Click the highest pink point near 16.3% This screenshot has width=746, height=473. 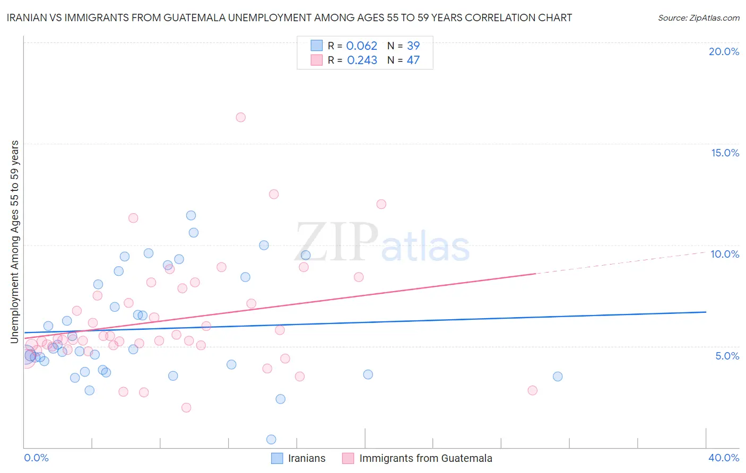click(240, 117)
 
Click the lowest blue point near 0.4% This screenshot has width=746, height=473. click(271, 439)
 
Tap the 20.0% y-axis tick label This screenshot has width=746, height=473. click(724, 51)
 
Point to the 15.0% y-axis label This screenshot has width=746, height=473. click(725, 153)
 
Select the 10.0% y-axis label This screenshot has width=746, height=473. click(725, 254)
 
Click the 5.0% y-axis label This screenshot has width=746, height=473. click(727, 356)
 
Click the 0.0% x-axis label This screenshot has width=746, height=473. click(36, 458)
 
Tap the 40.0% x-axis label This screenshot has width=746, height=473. click(724, 458)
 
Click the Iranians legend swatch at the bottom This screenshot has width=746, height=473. click(277, 458)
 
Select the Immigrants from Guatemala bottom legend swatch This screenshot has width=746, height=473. click(348, 458)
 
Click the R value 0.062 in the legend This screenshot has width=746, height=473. click(361, 46)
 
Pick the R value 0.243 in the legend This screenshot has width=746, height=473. click(362, 60)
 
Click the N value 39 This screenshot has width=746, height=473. click(413, 46)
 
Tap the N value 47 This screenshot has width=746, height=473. click(413, 60)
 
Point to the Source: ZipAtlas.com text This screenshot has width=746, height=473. click(698, 18)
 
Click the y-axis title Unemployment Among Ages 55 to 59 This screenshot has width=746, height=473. click(15, 242)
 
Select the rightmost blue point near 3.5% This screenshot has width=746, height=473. click(558, 376)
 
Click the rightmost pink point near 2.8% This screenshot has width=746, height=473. click(532, 390)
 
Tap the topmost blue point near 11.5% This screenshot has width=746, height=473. click(191, 215)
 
